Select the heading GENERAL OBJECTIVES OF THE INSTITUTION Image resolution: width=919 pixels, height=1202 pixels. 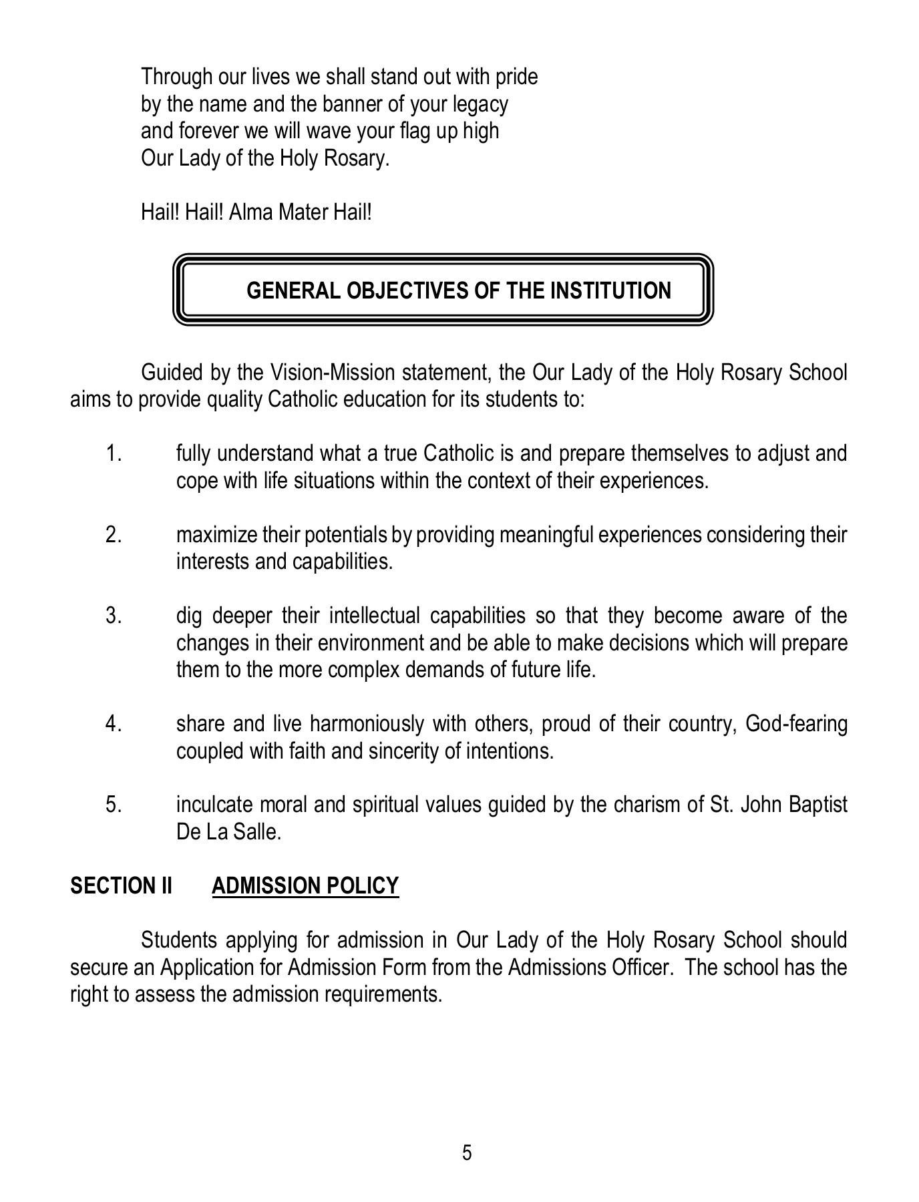(459, 290)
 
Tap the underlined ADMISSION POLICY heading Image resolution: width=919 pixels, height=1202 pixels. (305, 885)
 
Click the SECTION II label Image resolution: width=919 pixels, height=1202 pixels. (121, 885)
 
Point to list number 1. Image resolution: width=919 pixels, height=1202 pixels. (114, 454)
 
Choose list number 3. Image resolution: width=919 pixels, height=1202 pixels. (114, 616)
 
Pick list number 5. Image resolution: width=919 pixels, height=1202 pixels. (114, 805)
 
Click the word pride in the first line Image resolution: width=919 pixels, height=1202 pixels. (516, 77)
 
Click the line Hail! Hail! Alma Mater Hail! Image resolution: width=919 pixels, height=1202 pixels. (256, 212)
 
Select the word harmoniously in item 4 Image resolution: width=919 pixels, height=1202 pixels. (367, 724)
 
